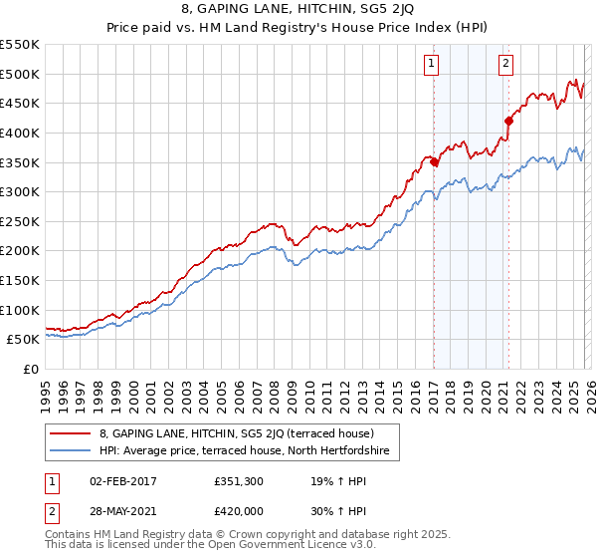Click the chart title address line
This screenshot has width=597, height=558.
[x=298, y=10]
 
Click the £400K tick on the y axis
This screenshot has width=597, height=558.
[x=20, y=133]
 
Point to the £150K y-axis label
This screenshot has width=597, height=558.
[x=20, y=281]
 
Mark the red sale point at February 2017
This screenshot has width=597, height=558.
[x=434, y=161]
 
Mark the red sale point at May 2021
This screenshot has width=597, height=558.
[x=508, y=121]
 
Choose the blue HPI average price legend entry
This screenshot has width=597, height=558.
[x=249, y=451]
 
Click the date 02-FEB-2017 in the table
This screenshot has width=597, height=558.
[x=123, y=481]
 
